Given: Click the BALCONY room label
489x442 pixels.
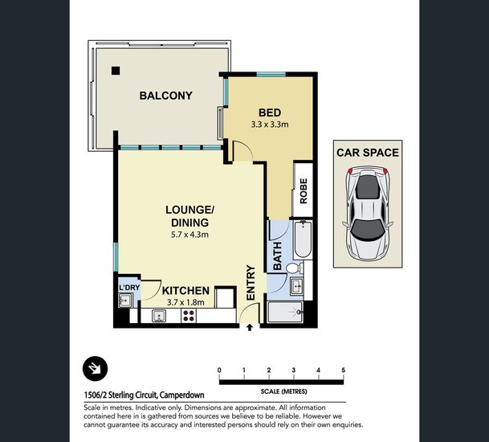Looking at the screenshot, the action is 165,96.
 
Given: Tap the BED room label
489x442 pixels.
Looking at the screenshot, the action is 270,113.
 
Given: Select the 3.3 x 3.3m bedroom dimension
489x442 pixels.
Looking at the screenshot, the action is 270,125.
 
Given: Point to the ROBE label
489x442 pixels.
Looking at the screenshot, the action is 304,191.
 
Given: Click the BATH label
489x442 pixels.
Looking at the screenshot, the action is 277,256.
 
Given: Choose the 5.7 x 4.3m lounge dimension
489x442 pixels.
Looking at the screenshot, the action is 189,235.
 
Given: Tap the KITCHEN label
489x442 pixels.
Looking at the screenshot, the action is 185,291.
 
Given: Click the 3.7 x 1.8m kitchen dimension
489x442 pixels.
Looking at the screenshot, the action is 185,302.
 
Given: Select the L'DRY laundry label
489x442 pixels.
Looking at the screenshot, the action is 129,287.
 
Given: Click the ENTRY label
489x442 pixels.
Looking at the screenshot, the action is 251,283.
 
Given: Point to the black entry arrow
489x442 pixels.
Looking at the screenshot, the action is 250,327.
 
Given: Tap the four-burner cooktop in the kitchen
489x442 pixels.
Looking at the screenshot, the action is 189,315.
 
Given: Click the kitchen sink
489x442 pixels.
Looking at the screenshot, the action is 159,316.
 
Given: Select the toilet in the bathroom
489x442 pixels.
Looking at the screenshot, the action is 295,268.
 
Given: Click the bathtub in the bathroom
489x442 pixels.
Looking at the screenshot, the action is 303,239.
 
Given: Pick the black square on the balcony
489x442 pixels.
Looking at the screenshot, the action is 116,71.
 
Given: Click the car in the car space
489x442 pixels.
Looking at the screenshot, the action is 368,214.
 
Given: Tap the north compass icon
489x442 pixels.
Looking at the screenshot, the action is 95,369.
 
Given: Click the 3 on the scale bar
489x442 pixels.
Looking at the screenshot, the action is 293,370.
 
